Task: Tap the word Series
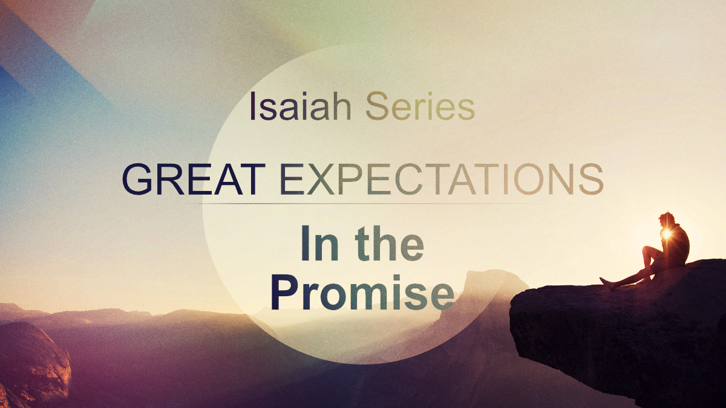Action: [x=420, y=106]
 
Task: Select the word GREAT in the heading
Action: [x=193, y=178]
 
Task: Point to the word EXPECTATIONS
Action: [x=441, y=178]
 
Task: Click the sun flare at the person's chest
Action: [x=667, y=233]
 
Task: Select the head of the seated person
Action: [x=668, y=218]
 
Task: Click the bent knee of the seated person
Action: [x=648, y=249]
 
